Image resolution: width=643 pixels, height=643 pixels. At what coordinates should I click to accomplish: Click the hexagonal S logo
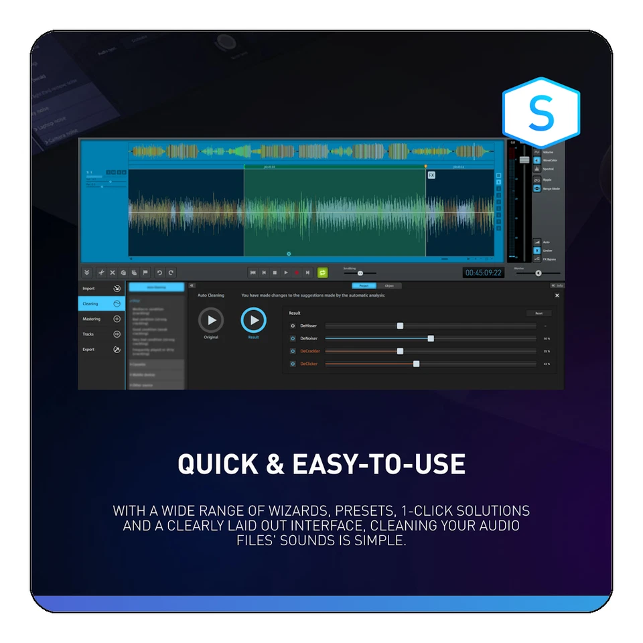tap(541, 113)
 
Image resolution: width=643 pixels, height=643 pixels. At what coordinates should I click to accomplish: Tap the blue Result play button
tap(253, 320)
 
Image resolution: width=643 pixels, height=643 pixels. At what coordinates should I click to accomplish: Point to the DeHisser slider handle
tap(400, 326)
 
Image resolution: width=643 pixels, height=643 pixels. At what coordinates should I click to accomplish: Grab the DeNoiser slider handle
tap(431, 338)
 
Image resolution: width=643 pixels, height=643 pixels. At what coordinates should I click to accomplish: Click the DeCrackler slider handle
tap(400, 351)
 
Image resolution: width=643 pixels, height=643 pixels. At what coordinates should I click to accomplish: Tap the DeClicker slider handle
tap(416, 364)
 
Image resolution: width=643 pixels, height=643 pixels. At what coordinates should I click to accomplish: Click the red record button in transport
tap(297, 273)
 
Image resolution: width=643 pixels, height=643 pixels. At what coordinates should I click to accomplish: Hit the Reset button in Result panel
tap(539, 313)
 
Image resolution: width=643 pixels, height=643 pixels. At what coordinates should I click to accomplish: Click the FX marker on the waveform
tap(431, 175)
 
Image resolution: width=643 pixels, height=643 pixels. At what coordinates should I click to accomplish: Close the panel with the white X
tap(557, 295)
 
